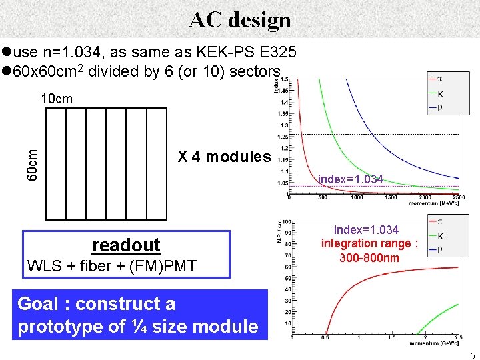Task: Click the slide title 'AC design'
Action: (240, 19)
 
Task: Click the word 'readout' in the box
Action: (126, 245)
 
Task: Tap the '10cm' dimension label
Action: (57, 99)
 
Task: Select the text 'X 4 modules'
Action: (225, 157)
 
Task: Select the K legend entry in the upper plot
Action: (439, 94)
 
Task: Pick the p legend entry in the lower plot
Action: (440, 249)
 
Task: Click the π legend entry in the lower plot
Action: (440, 221)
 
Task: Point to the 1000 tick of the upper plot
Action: (357, 197)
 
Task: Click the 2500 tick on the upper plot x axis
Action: (458, 197)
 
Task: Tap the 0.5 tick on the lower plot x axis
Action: (325, 338)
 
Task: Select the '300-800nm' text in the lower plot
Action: (369, 257)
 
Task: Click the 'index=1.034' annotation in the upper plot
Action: (351, 179)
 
